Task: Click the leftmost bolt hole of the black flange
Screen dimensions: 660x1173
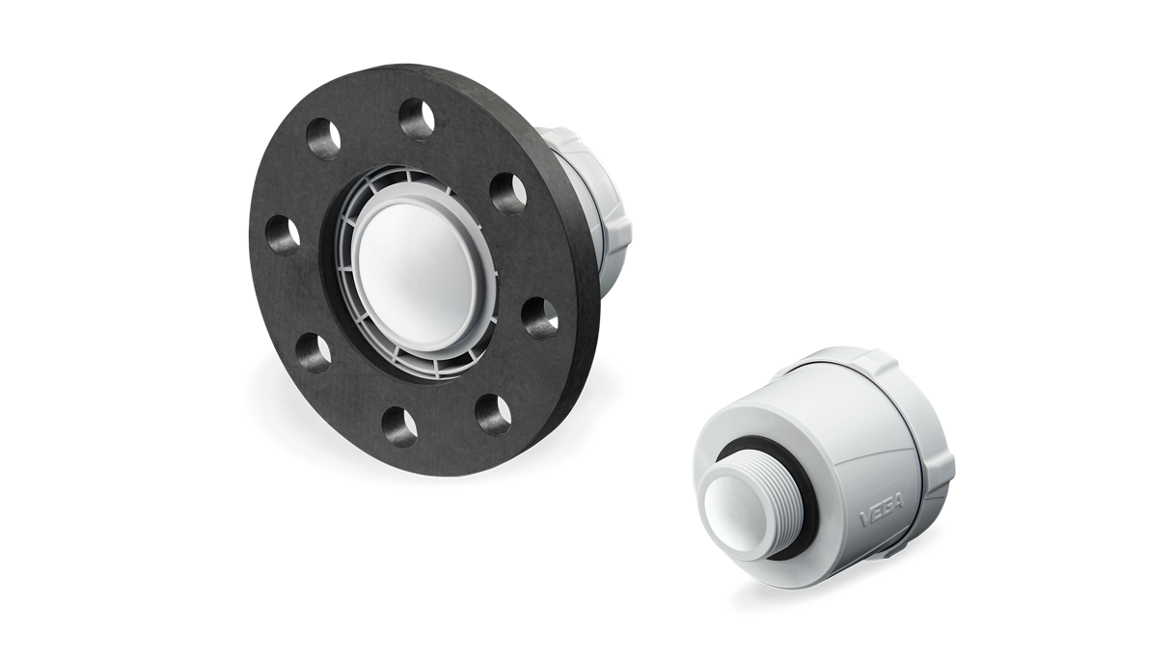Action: (283, 234)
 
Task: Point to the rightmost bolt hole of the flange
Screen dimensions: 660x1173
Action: (540, 316)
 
